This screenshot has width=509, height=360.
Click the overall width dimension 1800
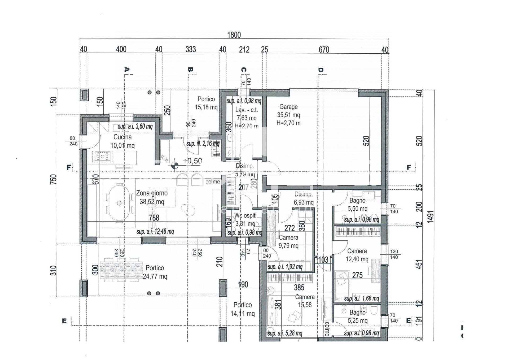coord(234,35)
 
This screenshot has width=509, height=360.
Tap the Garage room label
coord(288,107)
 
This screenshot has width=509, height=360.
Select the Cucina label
coord(122,137)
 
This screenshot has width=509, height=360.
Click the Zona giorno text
coord(152,193)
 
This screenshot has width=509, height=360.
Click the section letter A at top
coord(127,70)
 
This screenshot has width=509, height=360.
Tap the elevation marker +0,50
coord(192,161)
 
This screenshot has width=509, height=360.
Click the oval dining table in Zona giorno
coord(119,203)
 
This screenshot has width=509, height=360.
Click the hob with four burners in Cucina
coord(102,156)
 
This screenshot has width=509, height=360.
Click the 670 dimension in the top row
coord(324,50)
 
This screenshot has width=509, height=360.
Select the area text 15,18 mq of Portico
coord(206,107)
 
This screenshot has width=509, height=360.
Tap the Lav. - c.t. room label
coord(246,110)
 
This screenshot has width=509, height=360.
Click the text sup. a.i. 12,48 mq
coord(155,232)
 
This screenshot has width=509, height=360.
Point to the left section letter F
coord(69,167)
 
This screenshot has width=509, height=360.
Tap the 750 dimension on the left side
coord(54,179)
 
